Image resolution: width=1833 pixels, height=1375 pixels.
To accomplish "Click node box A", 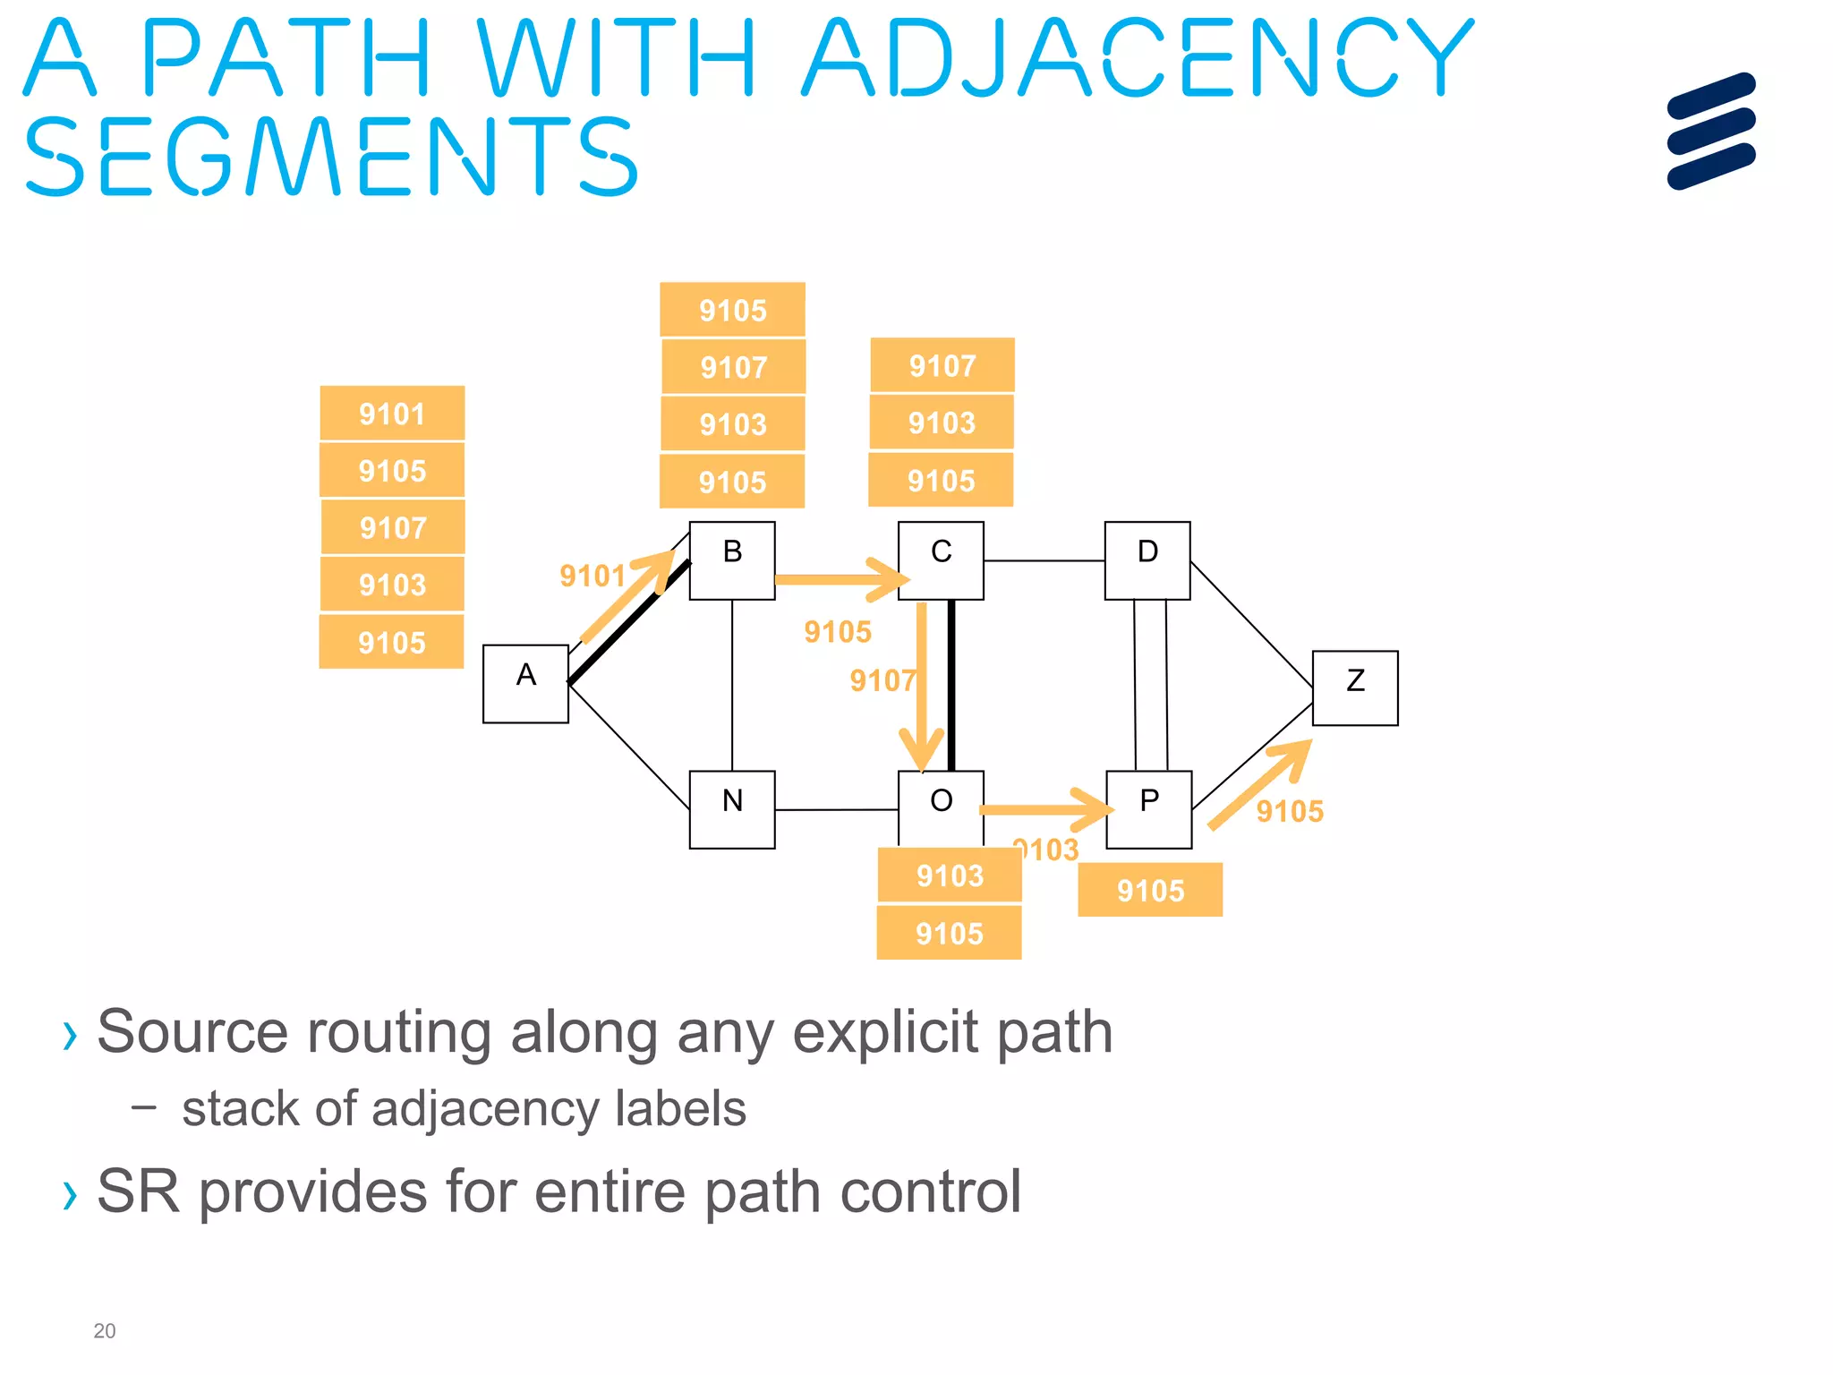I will coord(525,683).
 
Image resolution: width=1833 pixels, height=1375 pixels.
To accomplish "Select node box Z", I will coord(1354,687).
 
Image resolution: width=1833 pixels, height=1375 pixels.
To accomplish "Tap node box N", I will coord(731,809).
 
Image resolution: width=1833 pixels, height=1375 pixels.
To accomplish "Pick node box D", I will coord(1147,560).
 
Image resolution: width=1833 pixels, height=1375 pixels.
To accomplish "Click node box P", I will coord(1148,809).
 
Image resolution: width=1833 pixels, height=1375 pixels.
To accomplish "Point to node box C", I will coord(940,560).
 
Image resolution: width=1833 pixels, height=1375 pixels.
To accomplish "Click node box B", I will coord(731,560).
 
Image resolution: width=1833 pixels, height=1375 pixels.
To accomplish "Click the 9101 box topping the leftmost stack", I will coord(392,414).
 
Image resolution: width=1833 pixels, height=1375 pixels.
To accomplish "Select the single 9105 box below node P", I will coord(1149,890).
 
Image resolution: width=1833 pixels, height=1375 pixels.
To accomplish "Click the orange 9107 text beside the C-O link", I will coord(882,681).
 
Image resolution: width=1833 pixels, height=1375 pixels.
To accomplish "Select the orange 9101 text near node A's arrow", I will coord(592,576).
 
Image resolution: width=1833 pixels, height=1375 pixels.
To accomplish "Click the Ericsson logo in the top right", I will coord(1710,132).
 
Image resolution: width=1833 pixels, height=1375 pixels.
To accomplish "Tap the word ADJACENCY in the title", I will coord(1137,57).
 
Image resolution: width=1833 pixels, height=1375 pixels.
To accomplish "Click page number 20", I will coord(104,1331).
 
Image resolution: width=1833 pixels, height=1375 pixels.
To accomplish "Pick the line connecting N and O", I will coord(836,809).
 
